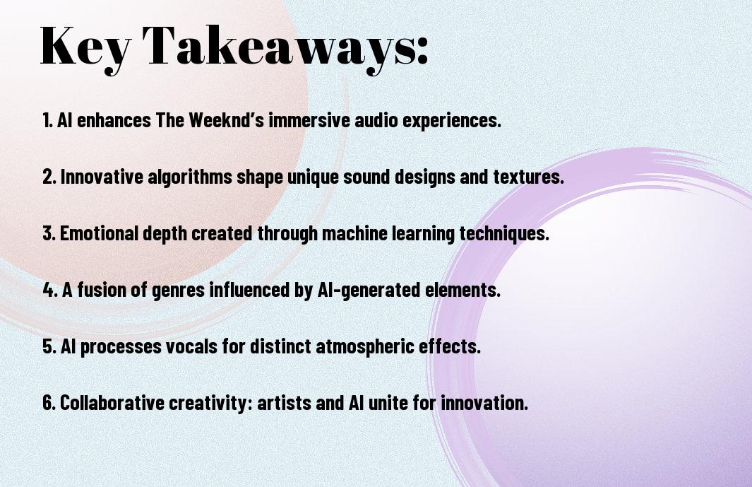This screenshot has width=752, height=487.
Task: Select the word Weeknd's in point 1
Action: click(227, 120)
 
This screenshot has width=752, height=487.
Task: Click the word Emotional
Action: click(100, 233)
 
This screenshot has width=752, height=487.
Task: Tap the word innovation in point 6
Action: click(484, 402)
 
